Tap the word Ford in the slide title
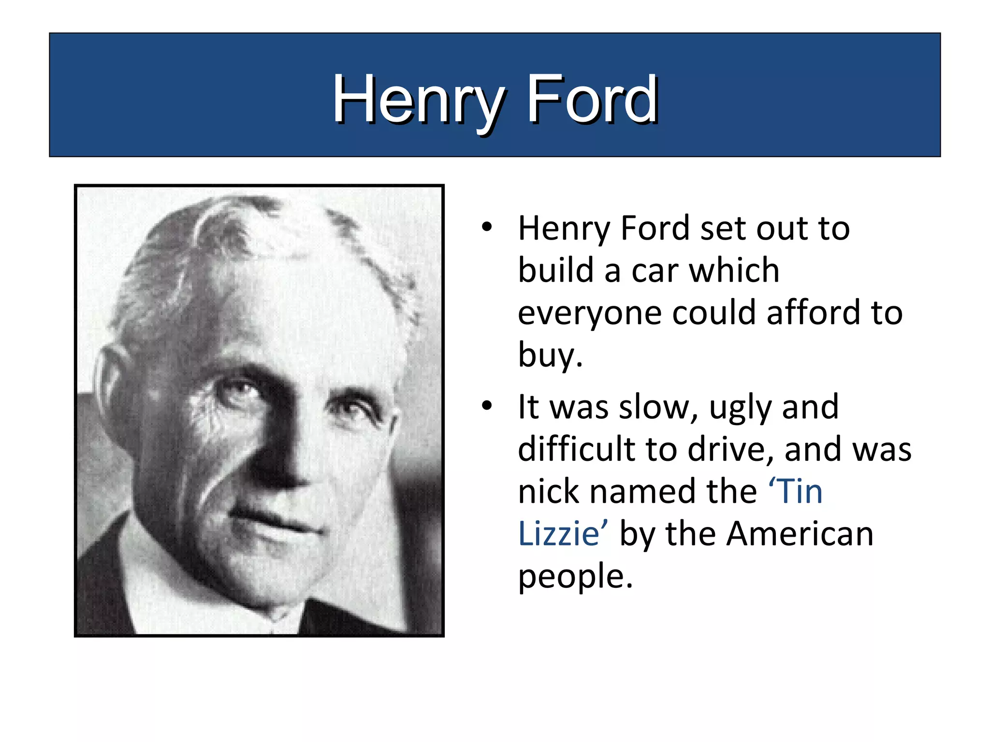tap(592, 100)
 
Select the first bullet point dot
tap(486, 227)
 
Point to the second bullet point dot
tap(486, 405)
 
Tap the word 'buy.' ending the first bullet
tap(550, 356)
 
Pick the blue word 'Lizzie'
tap(559, 534)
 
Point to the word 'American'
tap(800, 534)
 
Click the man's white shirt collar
tap(160, 594)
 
